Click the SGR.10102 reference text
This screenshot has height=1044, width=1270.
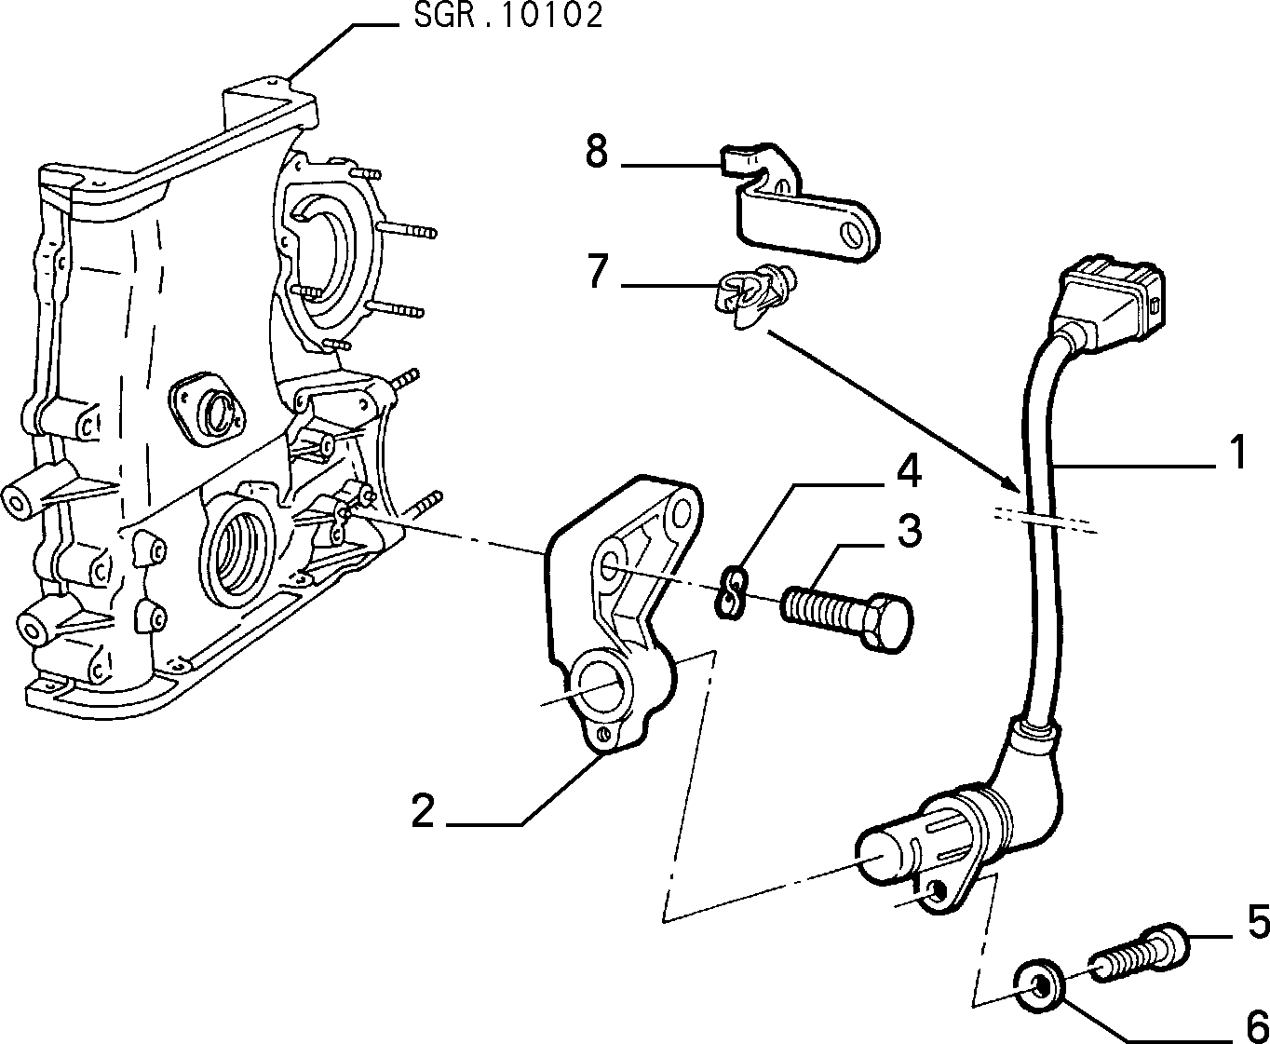[x=508, y=16]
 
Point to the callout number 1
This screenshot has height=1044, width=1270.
[x=1236, y=452]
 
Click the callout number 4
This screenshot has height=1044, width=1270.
[x=909, y=471]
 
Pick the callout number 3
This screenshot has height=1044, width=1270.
[x=910, y=531]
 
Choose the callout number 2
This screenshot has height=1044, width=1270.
[x=423, y=811]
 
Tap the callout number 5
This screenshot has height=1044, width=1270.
[x=1258, y=922]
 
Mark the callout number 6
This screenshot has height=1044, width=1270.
[x=1258, y=1026]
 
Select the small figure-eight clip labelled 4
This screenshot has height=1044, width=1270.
[x=732, y=591]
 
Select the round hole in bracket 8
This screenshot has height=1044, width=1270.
[x=854, y=234]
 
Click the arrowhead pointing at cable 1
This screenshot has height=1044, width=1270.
[x=1012, y=484]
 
